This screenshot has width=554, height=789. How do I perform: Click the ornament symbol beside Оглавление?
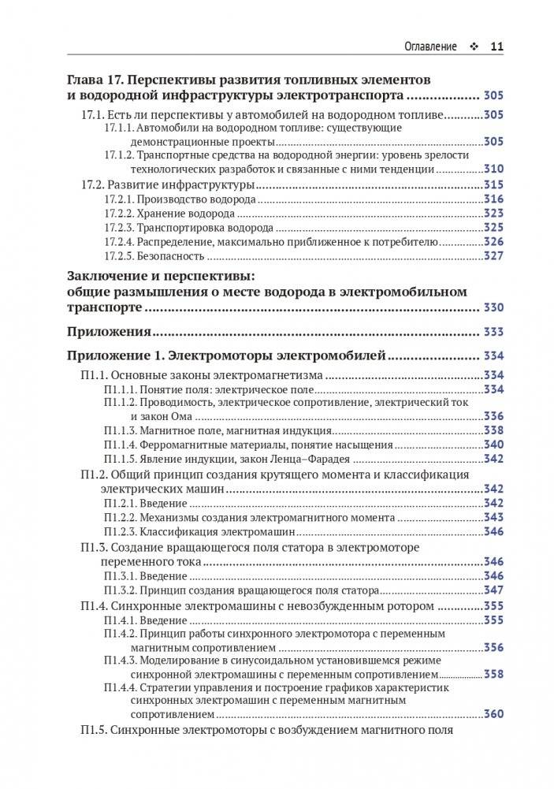473,47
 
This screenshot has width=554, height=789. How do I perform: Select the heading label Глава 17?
95,81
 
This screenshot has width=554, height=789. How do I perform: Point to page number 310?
493,169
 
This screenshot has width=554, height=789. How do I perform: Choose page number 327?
493,256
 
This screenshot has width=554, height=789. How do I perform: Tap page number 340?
493,445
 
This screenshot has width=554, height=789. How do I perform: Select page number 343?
493,518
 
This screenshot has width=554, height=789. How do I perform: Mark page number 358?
493,675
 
